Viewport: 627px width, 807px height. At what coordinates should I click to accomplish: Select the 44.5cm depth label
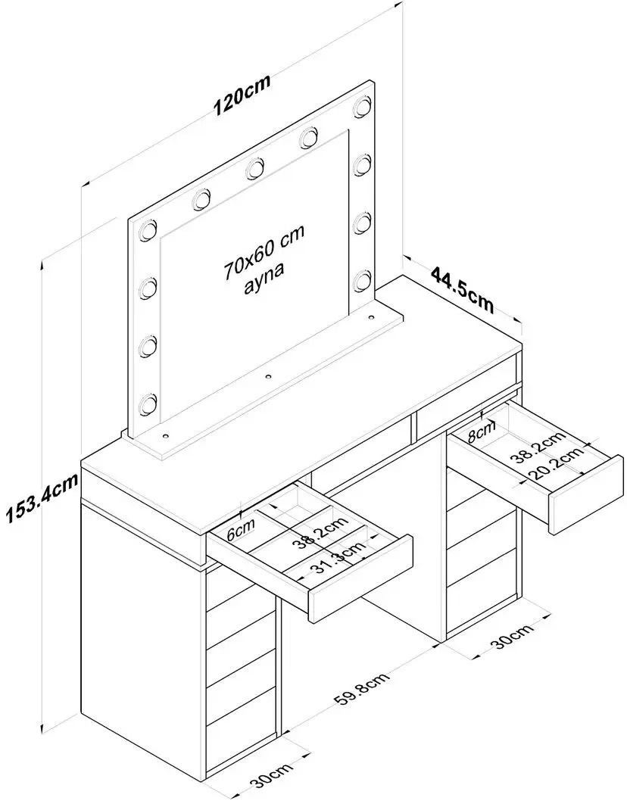click(462, 288)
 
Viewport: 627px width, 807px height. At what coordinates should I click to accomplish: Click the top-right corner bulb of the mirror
click(363, 105)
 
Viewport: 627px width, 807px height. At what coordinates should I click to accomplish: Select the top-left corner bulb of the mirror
click(148, 230)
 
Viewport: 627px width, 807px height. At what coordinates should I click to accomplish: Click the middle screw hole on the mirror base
click(267, 377)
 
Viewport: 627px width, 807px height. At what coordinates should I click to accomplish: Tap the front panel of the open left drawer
click(360, 579)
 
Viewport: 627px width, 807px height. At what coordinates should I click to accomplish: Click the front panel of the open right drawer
click(586, 494)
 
